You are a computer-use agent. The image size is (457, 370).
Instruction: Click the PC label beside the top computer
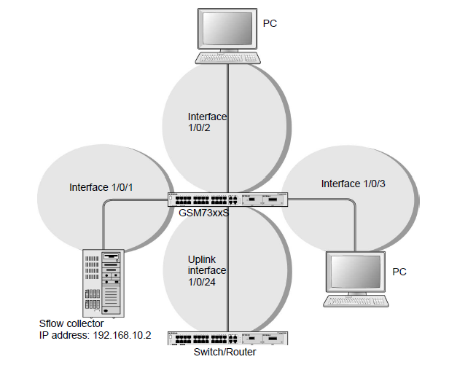[x=270, y=24]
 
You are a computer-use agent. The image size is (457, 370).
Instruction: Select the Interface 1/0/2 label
[x=207, y=122]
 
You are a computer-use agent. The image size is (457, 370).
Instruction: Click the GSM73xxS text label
[x=203, y=213]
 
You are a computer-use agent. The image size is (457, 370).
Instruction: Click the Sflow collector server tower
[x=103, y=280]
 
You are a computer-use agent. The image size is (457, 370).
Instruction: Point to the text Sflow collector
[x=71, y=323]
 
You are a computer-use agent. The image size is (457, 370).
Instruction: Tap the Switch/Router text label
[x=224, y=352]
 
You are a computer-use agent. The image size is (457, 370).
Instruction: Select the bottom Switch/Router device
[x=228, y=338]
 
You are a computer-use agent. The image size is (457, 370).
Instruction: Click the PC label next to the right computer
[x=399, y=272]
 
